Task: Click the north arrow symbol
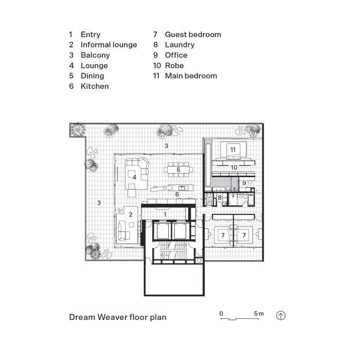tap(281, 316)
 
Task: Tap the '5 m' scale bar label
tap(259, 314)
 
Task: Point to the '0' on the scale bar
tap(221, 314)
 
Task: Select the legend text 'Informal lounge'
tap(109, 45)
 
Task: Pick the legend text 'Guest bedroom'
tap(193, 34)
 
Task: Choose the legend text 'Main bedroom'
tap(190, 75)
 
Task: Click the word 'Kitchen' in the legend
tap(95, 86)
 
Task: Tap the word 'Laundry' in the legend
tap(179, 45)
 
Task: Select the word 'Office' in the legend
tap(176, 55)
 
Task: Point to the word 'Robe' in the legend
tap(174, 65)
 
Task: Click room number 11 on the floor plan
tap(233, 150)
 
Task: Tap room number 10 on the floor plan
tap(233, 167)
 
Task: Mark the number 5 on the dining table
tap(178, 170)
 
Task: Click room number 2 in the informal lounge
tap(131, 215)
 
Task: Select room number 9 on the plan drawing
tap(244, 183)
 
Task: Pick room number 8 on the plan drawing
tap(220, 199)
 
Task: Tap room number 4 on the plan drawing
tap(134, 177)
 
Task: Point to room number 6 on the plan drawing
tap(177, 195)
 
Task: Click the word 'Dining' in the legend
tap(92, 75)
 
